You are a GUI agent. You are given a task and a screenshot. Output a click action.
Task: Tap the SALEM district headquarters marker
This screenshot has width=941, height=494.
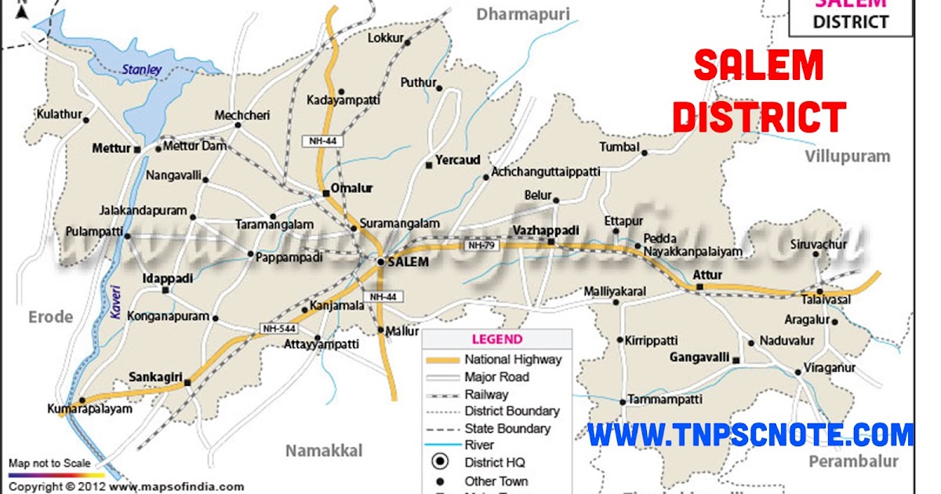[x=380, y=262]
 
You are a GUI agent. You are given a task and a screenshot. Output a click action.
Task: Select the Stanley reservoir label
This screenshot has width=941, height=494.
[x=141, y=70]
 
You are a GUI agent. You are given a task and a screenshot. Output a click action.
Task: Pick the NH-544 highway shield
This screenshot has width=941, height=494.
[x=278, y=329]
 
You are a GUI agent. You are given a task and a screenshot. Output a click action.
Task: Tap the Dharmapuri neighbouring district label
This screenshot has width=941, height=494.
[x=523, y=13]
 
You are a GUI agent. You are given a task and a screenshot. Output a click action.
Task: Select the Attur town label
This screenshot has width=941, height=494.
[x=707, y=275]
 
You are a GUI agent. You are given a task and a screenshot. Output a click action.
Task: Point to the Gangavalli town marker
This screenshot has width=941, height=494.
[x=736, y=359]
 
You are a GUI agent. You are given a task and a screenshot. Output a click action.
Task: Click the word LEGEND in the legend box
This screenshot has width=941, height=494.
[x=496, y=340]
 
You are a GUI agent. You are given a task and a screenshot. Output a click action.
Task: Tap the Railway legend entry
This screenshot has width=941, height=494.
[x=486, y=394]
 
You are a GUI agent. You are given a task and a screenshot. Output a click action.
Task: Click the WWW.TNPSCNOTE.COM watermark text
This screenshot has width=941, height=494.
[x=750, y=434]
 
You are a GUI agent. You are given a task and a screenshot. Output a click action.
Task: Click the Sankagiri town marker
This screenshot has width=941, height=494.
[x=187, y=383]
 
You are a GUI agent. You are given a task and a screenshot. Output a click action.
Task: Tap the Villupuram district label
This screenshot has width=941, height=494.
[x=848, y=156]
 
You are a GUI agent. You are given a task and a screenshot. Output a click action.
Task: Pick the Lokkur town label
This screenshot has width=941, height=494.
[x=386, y=38]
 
